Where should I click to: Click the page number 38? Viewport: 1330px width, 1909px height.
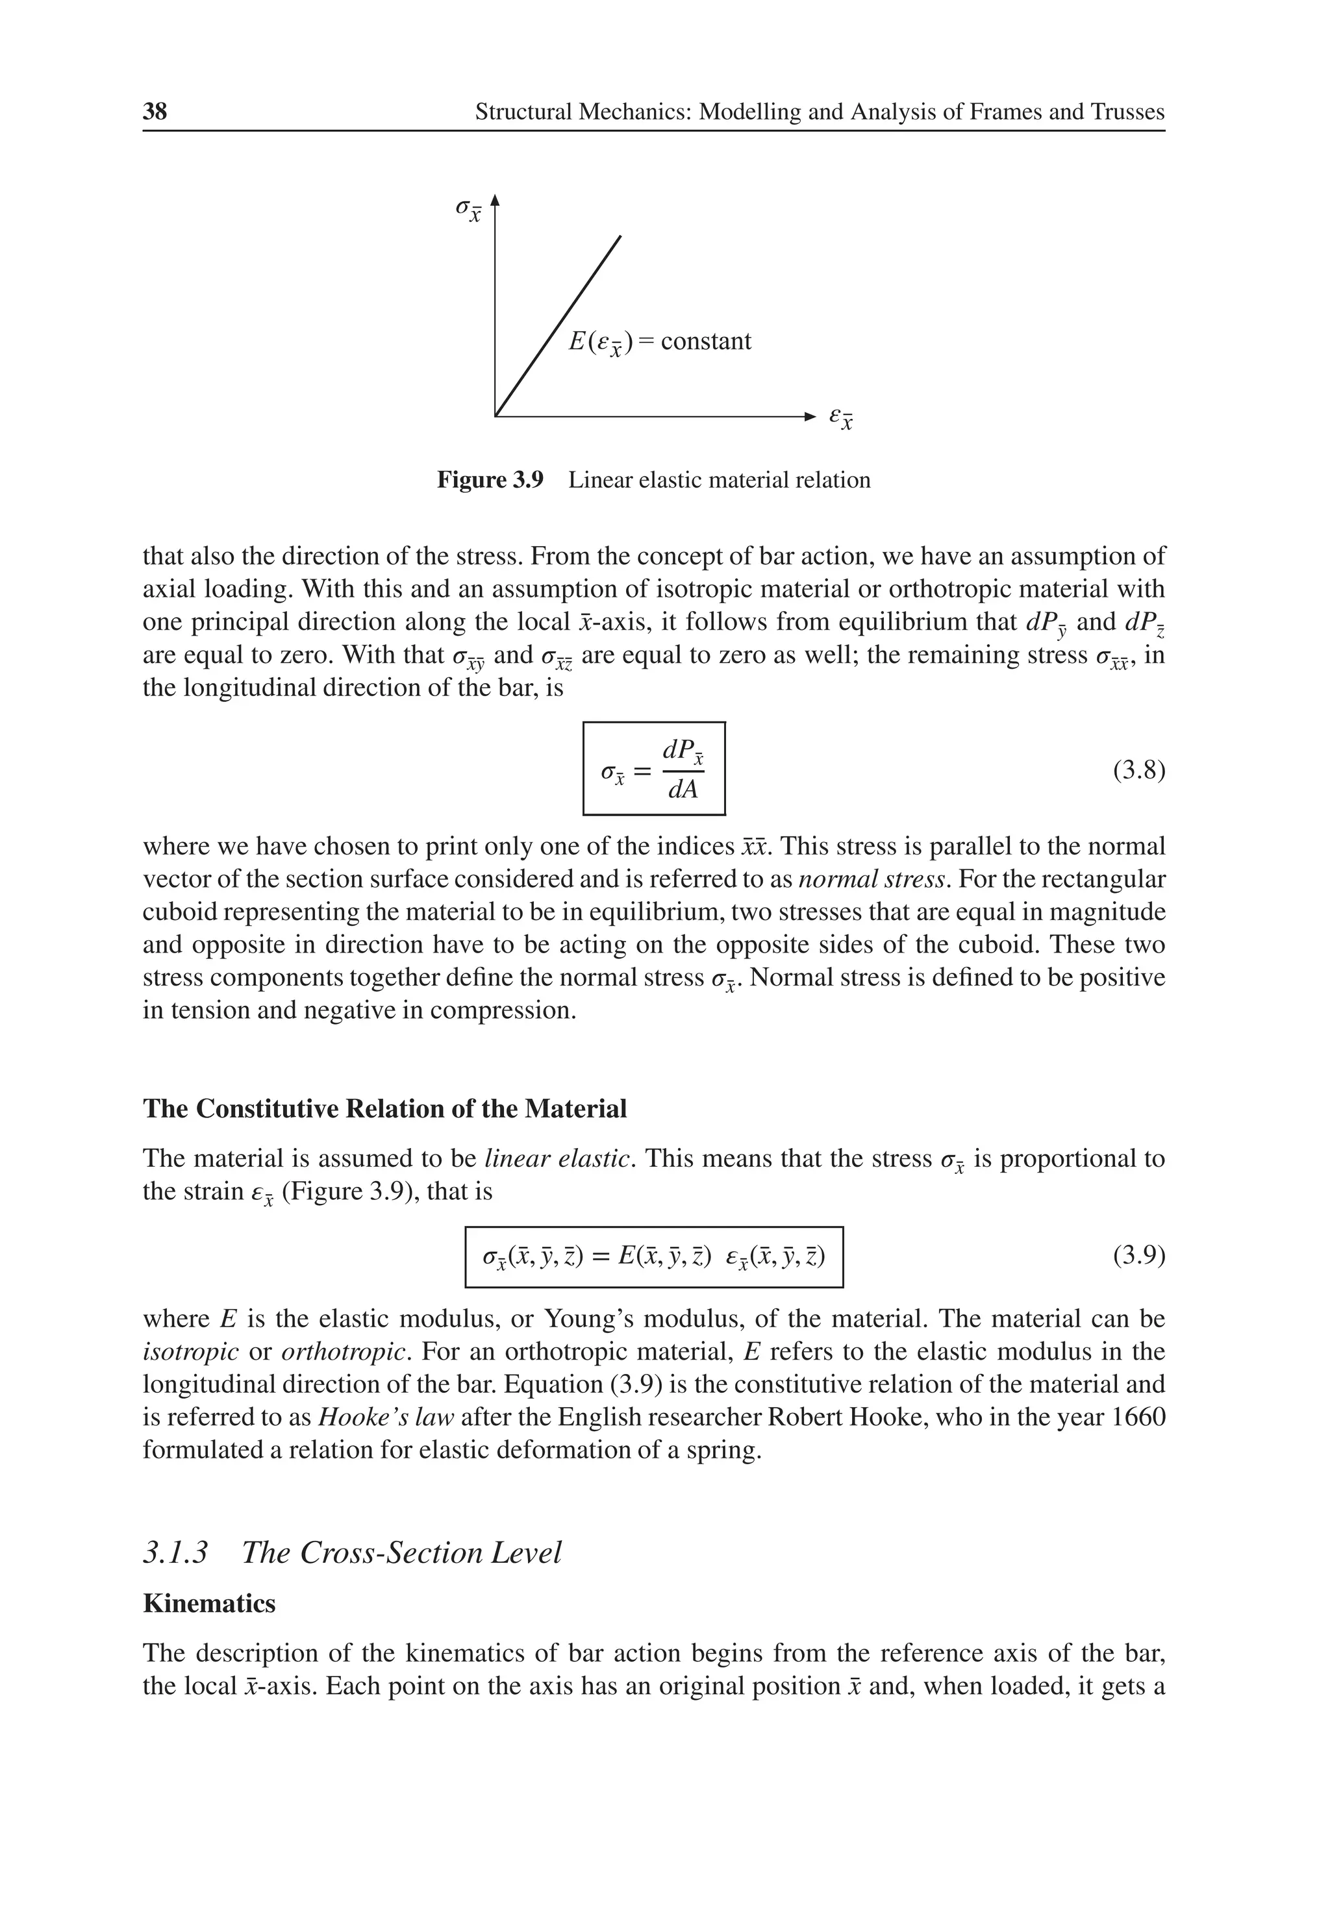[155, 112]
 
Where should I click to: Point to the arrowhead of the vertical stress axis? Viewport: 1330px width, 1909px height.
[495, 199]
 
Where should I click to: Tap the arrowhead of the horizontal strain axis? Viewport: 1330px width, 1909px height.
[811, 416]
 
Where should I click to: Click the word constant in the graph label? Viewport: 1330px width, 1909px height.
[705, 341]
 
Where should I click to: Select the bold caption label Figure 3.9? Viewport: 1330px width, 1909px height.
[490, 480]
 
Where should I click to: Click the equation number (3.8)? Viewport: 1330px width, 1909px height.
[1138, 771]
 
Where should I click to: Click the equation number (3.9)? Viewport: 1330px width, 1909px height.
[1138, 1254]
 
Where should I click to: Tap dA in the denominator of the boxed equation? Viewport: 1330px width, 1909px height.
[683, 789]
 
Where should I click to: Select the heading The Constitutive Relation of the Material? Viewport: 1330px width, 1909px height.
[384, 1108]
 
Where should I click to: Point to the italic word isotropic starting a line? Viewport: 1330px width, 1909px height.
[190, 1351]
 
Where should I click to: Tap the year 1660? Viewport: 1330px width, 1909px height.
[1138, 1417]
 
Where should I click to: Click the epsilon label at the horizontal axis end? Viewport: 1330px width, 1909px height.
[841, 418]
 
